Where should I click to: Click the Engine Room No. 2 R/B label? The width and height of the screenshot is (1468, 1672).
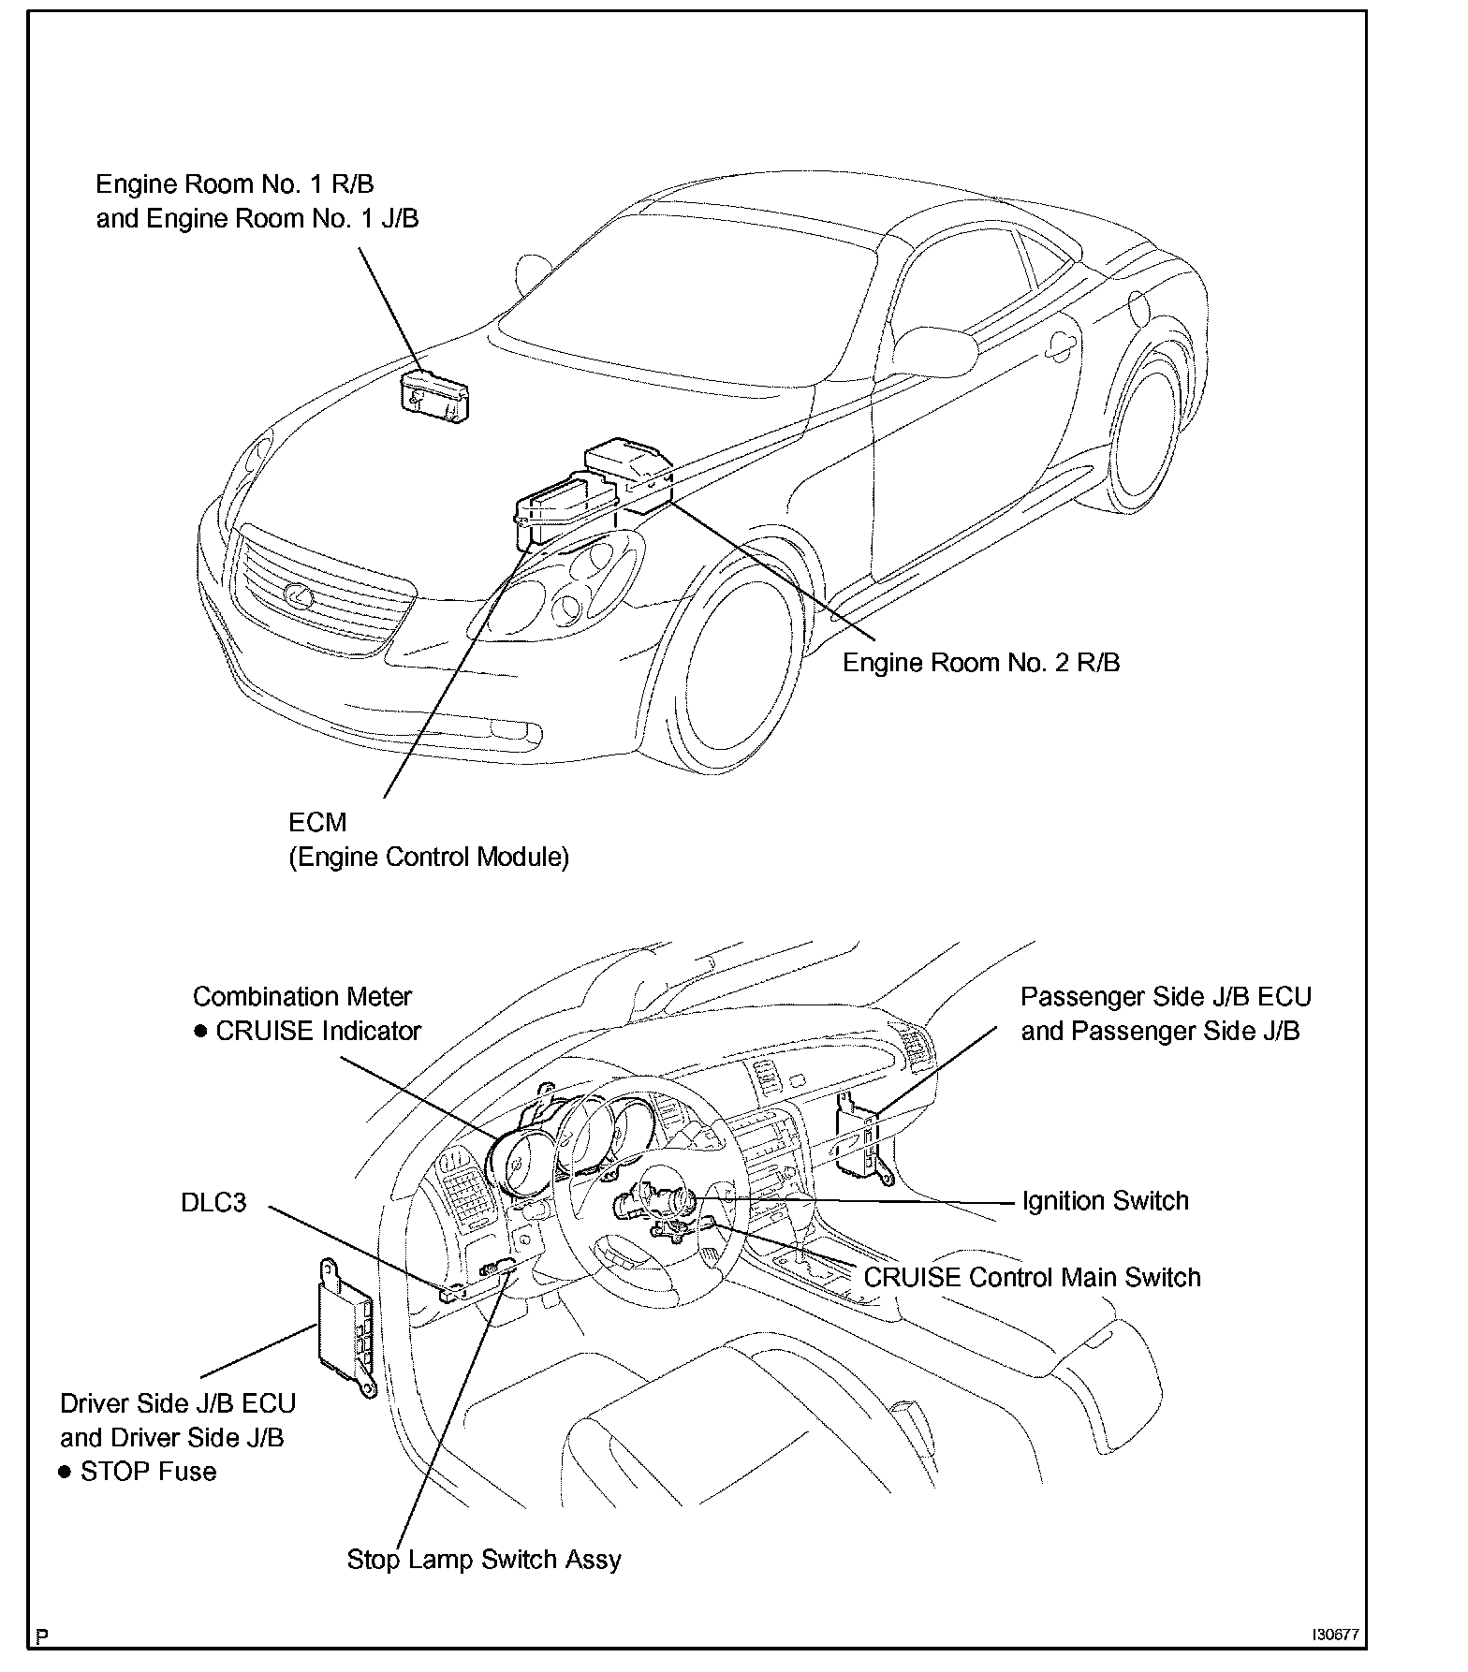pos(980,663)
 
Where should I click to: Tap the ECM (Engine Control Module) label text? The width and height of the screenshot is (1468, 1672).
pos(428,840)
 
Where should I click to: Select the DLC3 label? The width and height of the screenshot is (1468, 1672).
pos(213,1201)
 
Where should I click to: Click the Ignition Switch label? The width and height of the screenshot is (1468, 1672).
pos(1105,1200)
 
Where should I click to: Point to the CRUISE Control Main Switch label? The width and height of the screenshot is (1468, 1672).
pos(1031,1277)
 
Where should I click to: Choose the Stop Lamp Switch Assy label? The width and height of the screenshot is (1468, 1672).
pos(483,1559)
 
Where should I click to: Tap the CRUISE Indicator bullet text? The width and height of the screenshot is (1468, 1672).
pos(317,1031)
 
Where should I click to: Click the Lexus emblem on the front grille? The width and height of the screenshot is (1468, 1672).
pos(299,593)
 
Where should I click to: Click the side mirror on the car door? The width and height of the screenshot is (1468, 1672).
pos(934,347)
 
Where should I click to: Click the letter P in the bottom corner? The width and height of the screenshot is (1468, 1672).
pos(41,1636)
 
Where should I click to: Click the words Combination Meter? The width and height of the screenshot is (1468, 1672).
pos(301,996)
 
